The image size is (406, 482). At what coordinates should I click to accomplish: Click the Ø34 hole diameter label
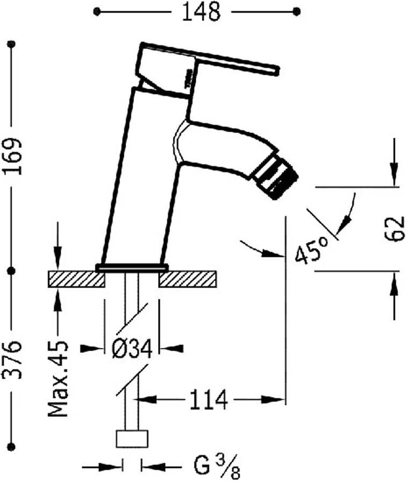pos(132,349)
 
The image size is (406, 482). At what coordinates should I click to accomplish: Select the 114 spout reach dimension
pos(208,399)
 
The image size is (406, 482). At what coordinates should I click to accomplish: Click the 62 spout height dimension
pos(395,229)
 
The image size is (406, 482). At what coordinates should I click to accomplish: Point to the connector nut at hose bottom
pos(132,439)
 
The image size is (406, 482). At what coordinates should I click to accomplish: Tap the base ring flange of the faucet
pos(132,267)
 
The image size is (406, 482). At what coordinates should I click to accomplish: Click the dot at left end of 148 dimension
pos(96,11)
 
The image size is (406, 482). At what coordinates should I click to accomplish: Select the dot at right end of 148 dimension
pos(296,11)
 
